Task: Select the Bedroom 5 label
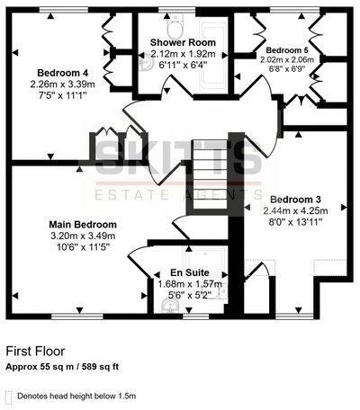[276, 50]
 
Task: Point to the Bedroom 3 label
[294, 199]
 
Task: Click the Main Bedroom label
[82, 224]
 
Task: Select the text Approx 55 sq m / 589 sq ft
[63, 367]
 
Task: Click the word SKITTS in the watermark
[179, 160]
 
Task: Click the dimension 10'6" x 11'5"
[82, 247]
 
